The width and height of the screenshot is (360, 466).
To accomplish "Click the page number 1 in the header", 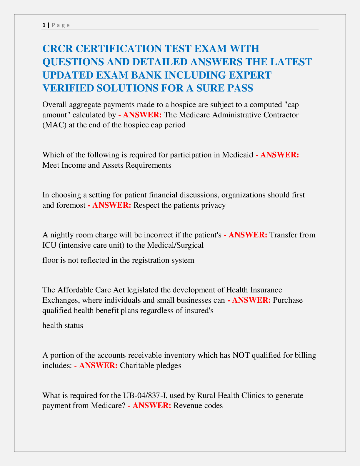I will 44,25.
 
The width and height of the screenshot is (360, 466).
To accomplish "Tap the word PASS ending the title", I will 240,88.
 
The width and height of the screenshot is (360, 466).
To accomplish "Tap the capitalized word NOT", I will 240,355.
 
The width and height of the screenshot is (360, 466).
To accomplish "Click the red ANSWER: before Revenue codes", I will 152,405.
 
